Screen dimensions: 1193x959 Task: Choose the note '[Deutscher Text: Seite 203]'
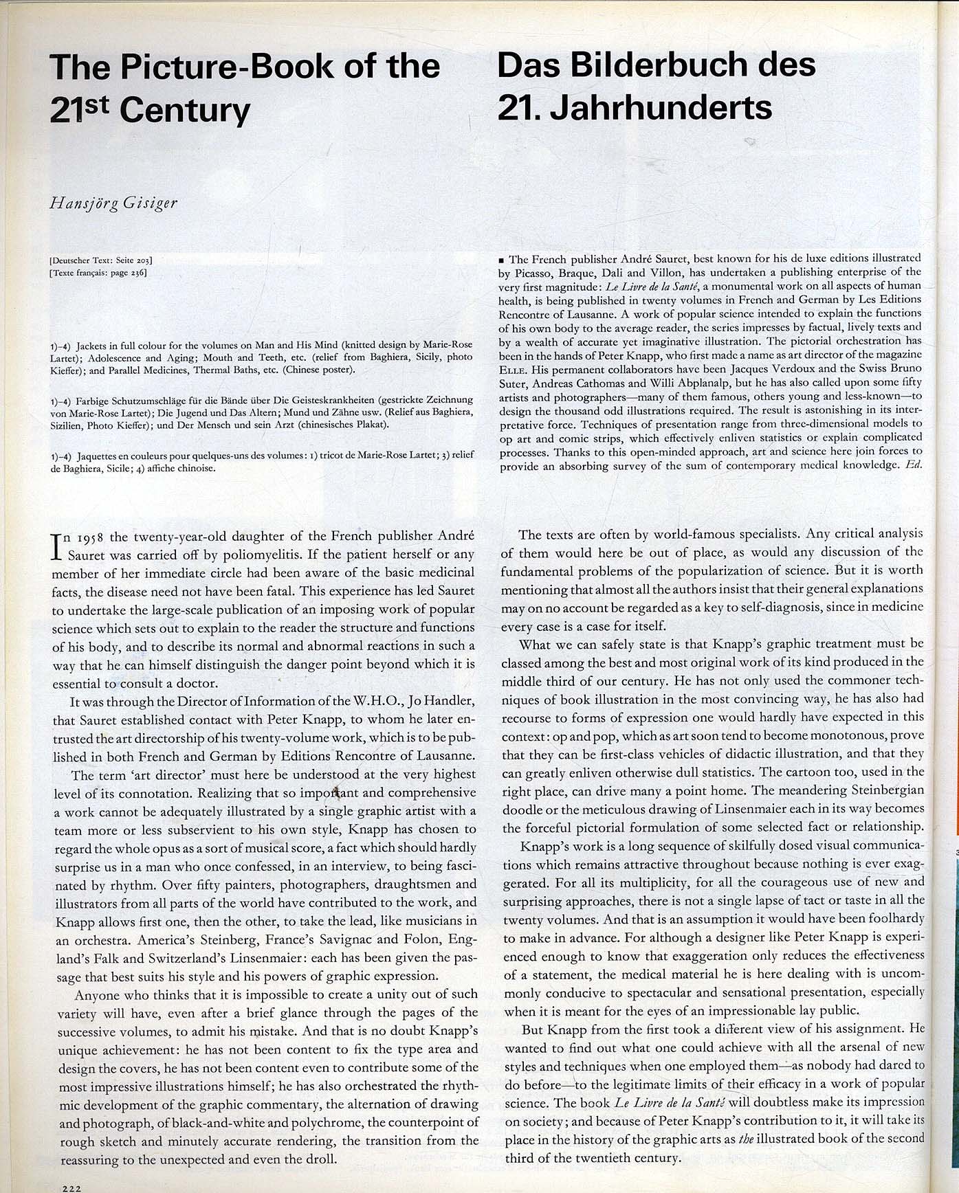point(101,260)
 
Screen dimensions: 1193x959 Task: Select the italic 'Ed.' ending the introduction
point(913,465)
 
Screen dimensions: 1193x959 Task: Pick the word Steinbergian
point(887,789)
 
